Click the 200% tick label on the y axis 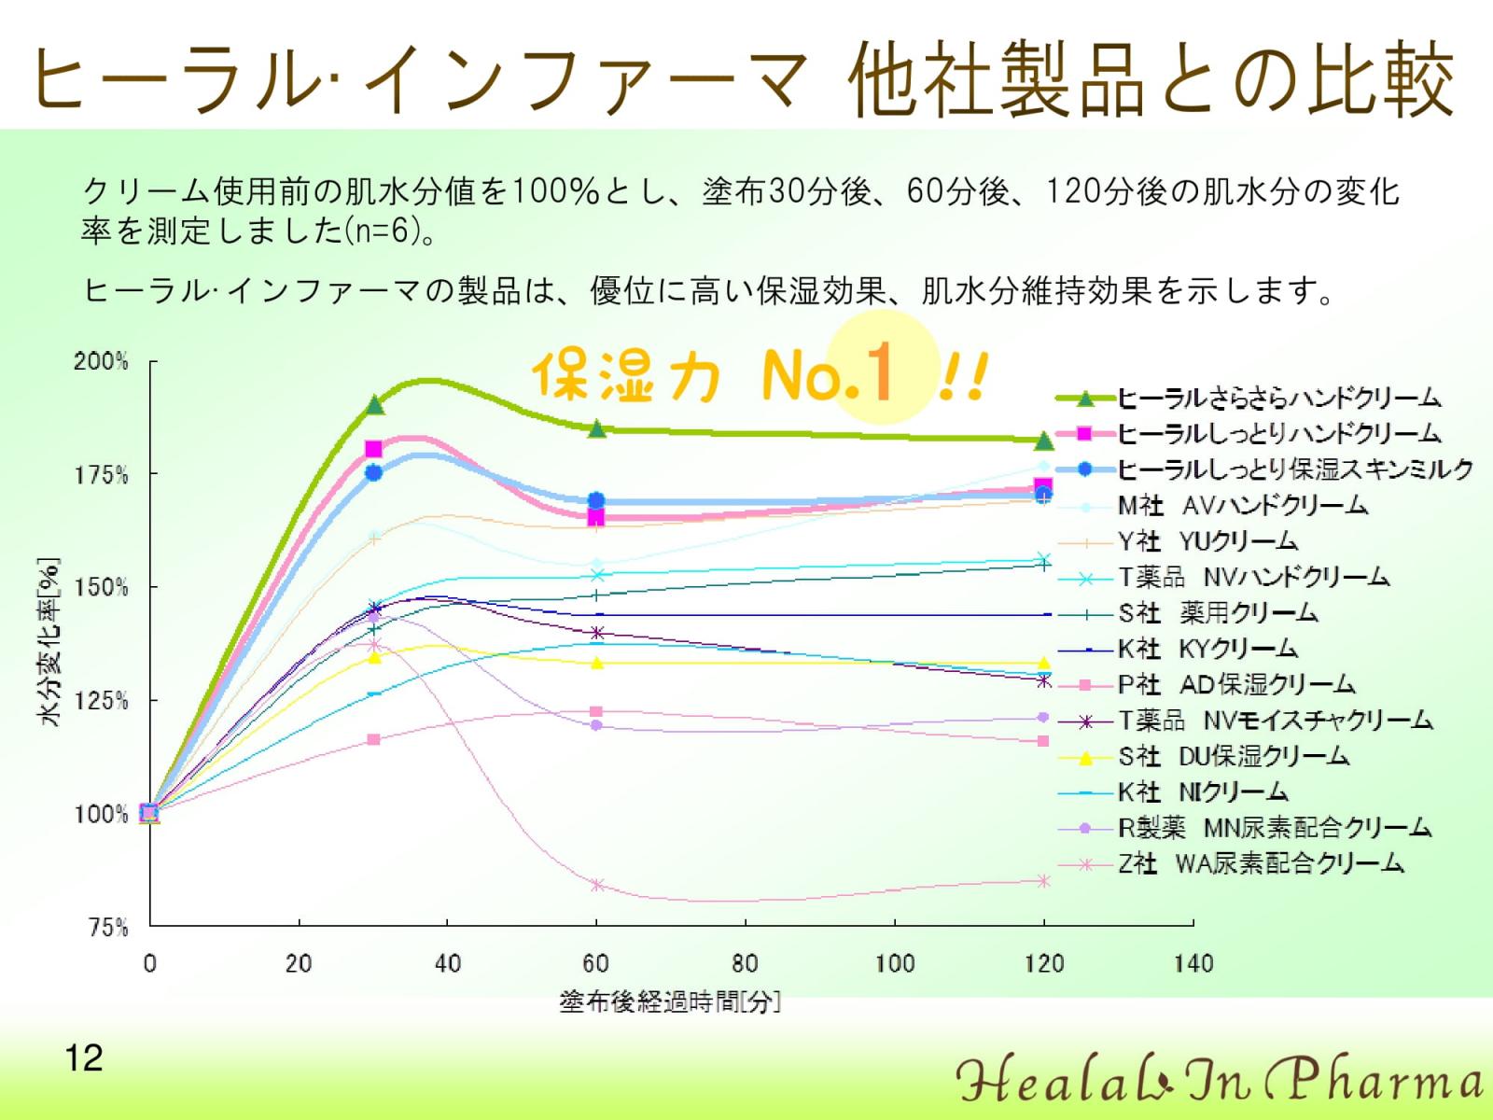[102, 361]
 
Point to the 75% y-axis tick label [109, 927]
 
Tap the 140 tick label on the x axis [1193, 963]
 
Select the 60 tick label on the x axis [596, 963]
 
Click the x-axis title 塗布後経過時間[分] [670, 1001]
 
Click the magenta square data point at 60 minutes [596, 518]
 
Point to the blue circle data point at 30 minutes [373, 472]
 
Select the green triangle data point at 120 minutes [1044, 441]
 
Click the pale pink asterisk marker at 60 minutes [597, 885]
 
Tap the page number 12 [84, 1058]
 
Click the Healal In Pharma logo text [1221, 1079]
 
